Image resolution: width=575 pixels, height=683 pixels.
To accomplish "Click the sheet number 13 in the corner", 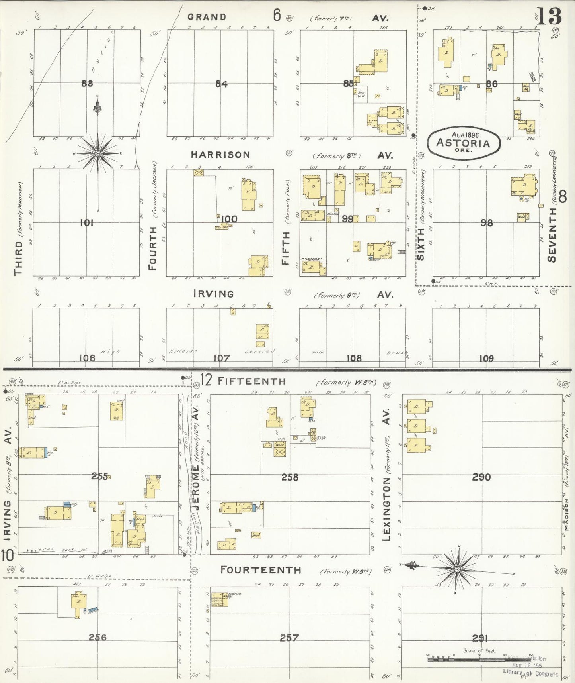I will click(x=549, y=16).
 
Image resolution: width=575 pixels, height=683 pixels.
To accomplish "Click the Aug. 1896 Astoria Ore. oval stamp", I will click(x=464, y=142).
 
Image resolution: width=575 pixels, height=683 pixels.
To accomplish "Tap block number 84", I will click(x=221, y=84).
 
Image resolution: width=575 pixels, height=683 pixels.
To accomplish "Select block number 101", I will click(x=86, y=223).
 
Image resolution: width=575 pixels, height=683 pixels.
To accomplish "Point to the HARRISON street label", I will click(x=220, y=155).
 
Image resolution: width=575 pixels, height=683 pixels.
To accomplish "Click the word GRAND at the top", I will click(x=207, y=17).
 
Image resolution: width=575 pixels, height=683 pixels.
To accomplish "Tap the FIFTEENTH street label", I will click(x=251, y=381).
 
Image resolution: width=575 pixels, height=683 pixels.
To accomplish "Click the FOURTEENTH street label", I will click(x=261, y=570).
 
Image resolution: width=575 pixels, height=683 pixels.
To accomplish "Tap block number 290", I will click(x=481, y=477).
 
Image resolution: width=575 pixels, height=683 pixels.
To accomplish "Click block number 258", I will click(x=289, y=477).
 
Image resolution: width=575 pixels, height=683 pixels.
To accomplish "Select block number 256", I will click(x=97, y=637).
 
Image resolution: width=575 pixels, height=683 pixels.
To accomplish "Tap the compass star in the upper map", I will click(x=98, y=153).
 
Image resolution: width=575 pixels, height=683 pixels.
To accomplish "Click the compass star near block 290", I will click(x=457, y=570).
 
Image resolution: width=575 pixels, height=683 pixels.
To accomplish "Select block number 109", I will click(x=486, y=358).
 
